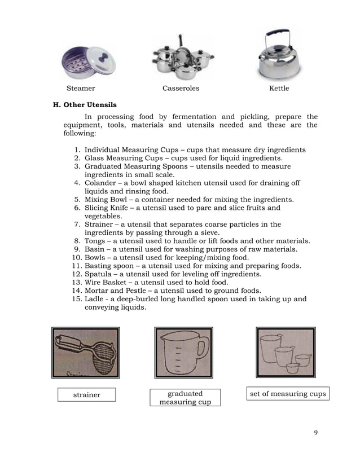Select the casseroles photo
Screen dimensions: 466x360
coord(181,58)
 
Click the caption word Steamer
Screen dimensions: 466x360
coord(81,89)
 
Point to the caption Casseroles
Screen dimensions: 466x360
coord(181,89)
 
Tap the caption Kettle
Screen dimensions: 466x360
coord(279,89)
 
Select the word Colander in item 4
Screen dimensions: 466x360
coord(100,183)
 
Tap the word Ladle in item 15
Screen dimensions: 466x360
coord(94,299)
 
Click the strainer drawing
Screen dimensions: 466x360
coord(86,353)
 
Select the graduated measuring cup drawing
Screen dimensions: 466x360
coord(183,353)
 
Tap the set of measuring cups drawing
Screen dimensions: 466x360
coord(286,353)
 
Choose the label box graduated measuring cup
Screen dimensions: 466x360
coord(185,397)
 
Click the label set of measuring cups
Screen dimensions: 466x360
coord(288,394)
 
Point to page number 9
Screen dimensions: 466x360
coord(316,433)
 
